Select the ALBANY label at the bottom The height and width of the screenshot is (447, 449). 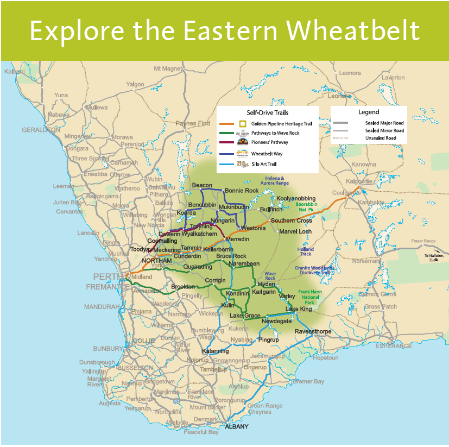pyautogui.click(x=236, y=426)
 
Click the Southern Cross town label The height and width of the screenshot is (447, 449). pyautogui.click(x=291, y=221)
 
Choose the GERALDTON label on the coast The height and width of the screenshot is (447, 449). pyautogui.click(x=41, y=130)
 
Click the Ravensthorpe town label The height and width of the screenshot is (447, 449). pyautogui.click(x=313, y=332)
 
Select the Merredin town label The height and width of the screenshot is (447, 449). pyautogui.click(x=237, y=240)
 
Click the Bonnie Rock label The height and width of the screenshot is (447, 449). pyautogui.click(x=242, y=191)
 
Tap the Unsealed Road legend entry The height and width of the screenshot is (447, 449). pyautogui.click(x=381, y=138)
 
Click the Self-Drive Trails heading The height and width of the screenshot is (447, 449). pyautogui.click(x=267, y=112)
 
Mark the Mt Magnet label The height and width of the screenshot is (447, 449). pyautogui.click(x=166, y=68)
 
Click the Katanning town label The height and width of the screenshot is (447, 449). pyautogui.click(x=215, y=351)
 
